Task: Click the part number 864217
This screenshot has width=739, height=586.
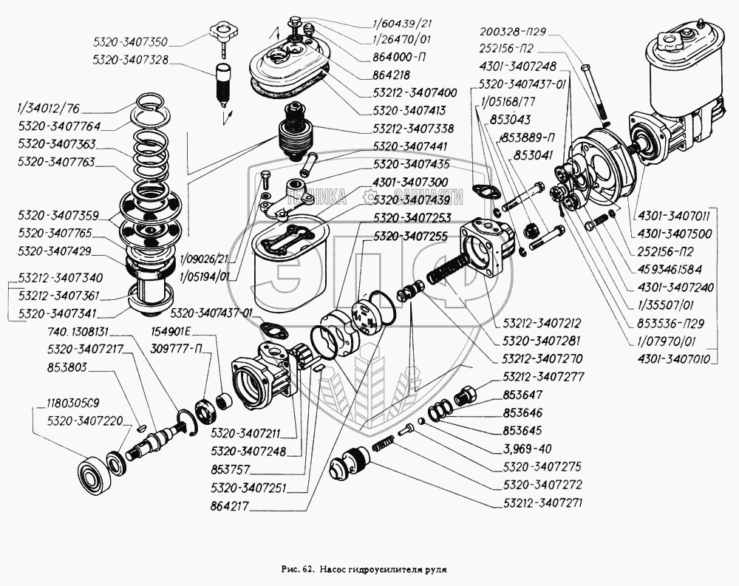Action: pyautogui.click(x=229, y=506)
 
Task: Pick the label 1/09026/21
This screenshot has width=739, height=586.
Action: pyautogui.click(x=204, y=259)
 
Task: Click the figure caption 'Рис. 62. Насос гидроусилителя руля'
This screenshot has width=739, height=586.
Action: pyautogui.click(x=364, y=570)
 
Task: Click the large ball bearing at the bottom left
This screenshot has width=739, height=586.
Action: pyautogui.click(x=94, y=470)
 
